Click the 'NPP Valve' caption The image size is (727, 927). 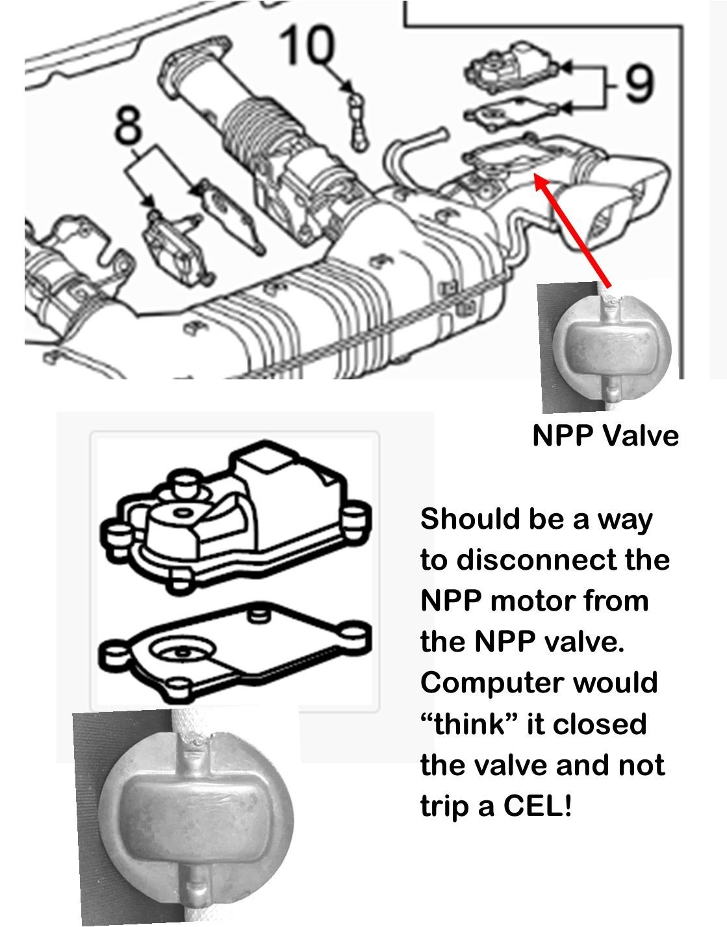point(605,435)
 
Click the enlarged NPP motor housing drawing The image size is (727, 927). point(234,513)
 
